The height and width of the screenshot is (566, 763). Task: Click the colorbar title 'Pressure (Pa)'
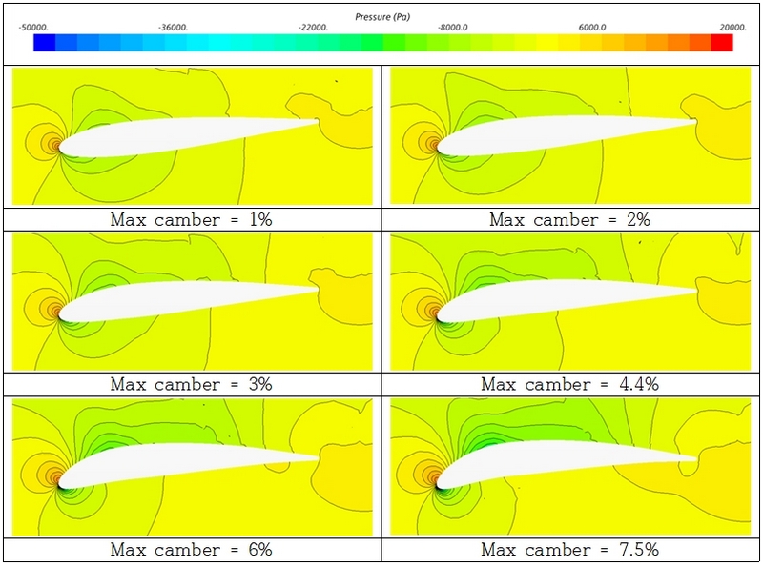coord(382,17)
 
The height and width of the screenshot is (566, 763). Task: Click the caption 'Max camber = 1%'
coord(192,219)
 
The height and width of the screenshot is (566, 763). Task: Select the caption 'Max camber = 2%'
coord(570,219)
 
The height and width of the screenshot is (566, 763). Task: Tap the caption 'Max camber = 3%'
coord(192,384)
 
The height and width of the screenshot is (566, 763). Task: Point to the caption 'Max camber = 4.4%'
coord(570,384)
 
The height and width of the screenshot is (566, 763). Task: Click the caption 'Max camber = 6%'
coord(192,550)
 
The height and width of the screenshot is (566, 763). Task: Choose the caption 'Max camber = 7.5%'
coord(570,550)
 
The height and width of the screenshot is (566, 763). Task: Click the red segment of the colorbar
coord(721,43)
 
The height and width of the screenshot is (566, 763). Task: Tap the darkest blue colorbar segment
coord(44,43)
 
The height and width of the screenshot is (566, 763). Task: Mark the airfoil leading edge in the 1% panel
coord(59,148)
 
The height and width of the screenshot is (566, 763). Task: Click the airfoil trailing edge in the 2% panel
coord(695,122)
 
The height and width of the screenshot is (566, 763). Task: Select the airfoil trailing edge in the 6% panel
coord(319,456)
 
